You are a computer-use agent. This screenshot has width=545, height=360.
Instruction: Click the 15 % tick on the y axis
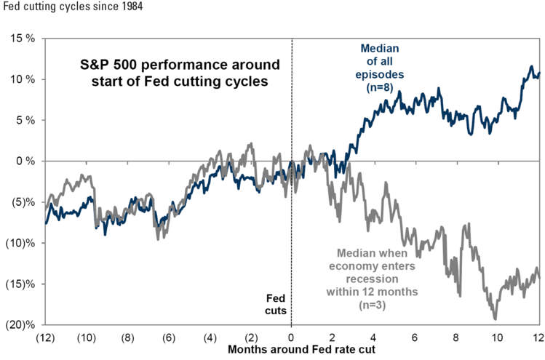(x=23, y=39)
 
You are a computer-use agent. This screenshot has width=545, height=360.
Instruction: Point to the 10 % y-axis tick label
(x=23, y=79)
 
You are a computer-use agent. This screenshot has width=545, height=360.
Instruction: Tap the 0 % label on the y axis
(x=25, y=161)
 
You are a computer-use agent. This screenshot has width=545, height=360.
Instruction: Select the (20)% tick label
(x=20, y=324)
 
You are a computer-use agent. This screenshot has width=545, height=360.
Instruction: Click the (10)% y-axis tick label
(x=20, y=243)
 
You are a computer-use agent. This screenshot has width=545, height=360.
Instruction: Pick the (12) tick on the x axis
(x=46, y=337)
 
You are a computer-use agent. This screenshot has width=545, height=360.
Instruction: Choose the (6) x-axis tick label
(x=169, y=337)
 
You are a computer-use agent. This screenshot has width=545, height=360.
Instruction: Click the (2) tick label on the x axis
(x=251, y=337)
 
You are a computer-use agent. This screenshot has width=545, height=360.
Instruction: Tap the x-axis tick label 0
(x=291, y=337)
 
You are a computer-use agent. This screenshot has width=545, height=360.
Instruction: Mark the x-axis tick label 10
(x=497, y=337)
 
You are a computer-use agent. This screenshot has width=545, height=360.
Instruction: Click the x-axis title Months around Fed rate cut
(x=301, y=350)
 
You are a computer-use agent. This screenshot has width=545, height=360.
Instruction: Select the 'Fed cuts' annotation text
(x=276, y=304)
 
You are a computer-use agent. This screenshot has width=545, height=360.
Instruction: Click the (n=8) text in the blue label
(x=380, y=87)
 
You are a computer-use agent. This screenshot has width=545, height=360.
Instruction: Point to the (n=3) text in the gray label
(x=373, y=305)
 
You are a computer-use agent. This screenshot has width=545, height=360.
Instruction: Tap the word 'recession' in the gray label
(x=373, y=279)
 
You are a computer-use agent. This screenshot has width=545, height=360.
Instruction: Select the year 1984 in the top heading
(x=132, y=7)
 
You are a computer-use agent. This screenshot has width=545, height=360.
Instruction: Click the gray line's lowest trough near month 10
(x=495, y=319)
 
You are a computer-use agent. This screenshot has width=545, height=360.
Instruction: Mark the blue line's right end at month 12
(x=539, y=73)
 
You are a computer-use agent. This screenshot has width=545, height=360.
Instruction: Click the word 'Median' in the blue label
(x=380, y=48)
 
